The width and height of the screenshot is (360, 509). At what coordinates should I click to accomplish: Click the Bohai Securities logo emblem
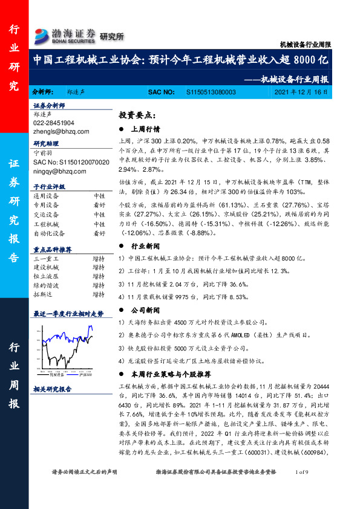[x=42, y=34]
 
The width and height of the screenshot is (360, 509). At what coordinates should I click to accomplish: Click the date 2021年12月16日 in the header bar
[x=301, y=92]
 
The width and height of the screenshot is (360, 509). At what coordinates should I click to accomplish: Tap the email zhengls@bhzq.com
[x=61, y=131]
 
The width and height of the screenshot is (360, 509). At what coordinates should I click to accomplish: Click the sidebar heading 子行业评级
[x=49, y=187]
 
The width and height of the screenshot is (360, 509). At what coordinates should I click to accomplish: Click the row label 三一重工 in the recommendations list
[x=46, y=259]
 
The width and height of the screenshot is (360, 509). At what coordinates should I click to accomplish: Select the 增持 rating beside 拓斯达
[x=99, y=294]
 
